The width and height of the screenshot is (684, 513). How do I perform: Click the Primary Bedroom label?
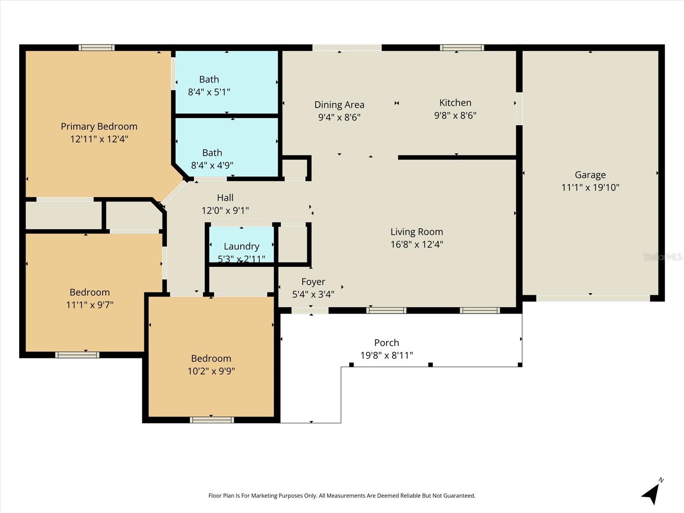point(99,127)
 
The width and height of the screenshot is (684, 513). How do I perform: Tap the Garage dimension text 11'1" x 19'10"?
point(590,187)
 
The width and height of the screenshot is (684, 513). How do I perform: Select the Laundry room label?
point(241,246)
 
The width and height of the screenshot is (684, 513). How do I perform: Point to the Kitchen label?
point(455,103)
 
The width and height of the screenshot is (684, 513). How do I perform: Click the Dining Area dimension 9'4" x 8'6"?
point(339,117)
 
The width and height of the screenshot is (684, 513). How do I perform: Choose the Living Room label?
point(416,232)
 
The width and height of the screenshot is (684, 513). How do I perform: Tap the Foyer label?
point(313,282)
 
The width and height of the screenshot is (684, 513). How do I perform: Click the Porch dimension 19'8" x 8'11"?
point(386,355)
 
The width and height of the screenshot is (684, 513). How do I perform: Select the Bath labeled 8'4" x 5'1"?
point(209,85)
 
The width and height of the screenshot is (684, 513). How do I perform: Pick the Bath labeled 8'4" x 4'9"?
point(212,159)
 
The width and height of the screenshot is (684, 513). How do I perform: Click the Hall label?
point(225,198)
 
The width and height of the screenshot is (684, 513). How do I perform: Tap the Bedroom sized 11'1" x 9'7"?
point(90,298)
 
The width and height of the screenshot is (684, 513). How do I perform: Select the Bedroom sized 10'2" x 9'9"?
point(211,364)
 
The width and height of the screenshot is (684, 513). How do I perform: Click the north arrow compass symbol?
point(652,493)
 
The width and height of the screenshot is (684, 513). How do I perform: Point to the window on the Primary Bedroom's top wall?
point(97,47)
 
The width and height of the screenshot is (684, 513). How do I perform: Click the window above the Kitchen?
point(462,47)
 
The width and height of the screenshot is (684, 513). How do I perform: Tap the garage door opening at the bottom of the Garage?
point(593,298)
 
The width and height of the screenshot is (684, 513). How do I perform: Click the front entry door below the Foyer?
point(310,310)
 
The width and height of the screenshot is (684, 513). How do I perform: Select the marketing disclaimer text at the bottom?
point(342,495)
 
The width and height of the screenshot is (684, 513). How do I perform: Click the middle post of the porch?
point(430,365)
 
